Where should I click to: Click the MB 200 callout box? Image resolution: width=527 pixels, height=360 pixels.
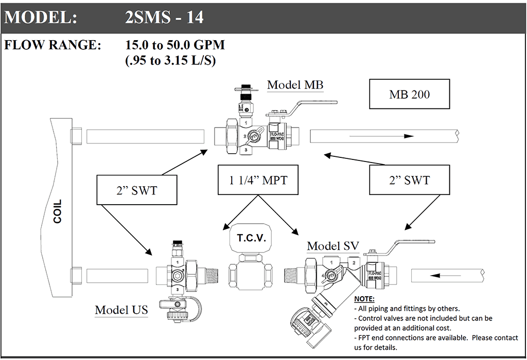click(410, 95)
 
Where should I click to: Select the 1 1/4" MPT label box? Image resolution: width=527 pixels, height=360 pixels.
click(258, 180)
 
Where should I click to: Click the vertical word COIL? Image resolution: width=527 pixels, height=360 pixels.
click(57, 211)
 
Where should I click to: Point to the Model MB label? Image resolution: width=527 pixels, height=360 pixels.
click(295, 85)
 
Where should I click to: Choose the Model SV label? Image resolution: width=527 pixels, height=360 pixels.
click(332, 246)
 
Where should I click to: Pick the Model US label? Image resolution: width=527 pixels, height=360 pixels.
click(121, 310)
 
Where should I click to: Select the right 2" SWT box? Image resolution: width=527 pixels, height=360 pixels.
click(410, 180)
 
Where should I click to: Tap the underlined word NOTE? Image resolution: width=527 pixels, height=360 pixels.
click(364, 299)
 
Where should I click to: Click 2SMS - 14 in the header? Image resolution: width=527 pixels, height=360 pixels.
click(164, 17)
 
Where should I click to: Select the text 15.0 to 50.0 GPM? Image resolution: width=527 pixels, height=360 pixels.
click(175, 45)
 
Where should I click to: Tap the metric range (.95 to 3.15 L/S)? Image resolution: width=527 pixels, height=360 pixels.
click(170, 60)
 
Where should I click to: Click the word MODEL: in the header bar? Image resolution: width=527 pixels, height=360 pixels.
click(41, 17)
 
